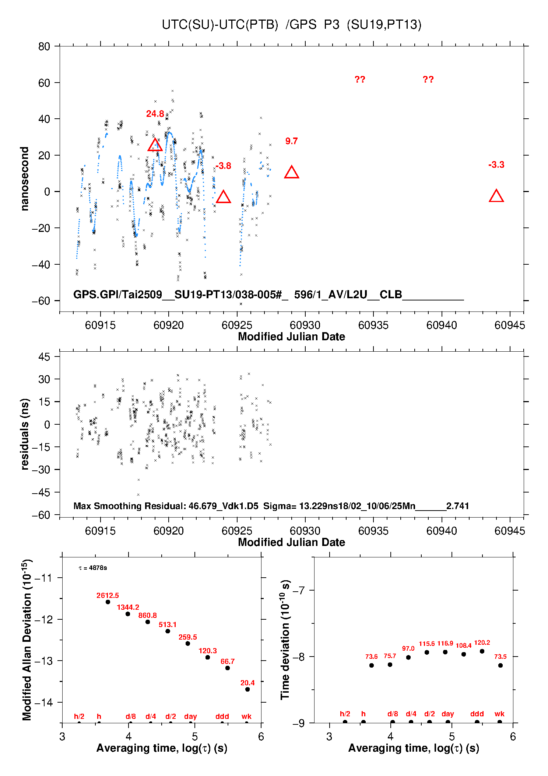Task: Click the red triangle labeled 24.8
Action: point(155,146)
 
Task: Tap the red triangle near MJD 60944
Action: point(496,196)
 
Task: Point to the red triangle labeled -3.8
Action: point(223,198)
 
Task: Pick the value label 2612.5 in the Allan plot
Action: point(108,595)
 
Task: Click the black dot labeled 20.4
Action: point(247,689)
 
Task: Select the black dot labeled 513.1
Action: point(168,631)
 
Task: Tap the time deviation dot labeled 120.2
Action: point(482,651)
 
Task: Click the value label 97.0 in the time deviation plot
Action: point(408,648)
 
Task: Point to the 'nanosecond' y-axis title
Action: point(25,179)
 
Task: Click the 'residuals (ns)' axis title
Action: point(25,434)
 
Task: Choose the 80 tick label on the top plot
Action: point(44,46)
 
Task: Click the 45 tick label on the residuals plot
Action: point(44,357)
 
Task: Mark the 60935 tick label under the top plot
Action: point(373,325)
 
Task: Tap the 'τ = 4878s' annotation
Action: point(93,568)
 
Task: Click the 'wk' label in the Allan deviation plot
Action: point(246,716)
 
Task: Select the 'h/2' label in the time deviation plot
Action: point(345,714)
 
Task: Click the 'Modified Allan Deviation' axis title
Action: point(27,640)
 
